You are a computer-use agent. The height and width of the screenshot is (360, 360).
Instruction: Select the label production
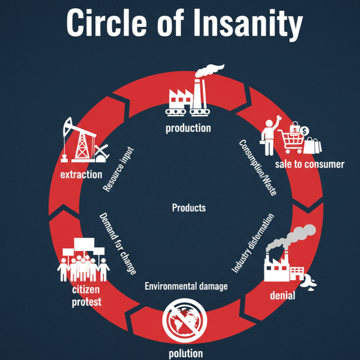tap(188, 128)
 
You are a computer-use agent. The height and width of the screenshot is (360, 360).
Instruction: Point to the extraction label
tap(81, 175)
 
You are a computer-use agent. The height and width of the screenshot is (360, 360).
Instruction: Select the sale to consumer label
tap(309, 164)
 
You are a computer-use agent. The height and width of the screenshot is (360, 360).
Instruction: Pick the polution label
tap(185, 353)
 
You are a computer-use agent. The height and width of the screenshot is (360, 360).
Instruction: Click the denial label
tap(283, 296)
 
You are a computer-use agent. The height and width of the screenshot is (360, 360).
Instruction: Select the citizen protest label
tap(86, 296)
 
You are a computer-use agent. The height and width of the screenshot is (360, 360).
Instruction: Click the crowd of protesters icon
tap(83, 260)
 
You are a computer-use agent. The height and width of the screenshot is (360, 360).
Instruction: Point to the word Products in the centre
tap(189, 207)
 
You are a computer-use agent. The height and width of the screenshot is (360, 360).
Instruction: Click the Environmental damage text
tap(186, 286)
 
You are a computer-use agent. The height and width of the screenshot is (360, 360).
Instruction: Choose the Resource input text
tap(118, 170)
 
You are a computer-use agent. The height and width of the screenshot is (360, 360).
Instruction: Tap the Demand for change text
tap(117, 244)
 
